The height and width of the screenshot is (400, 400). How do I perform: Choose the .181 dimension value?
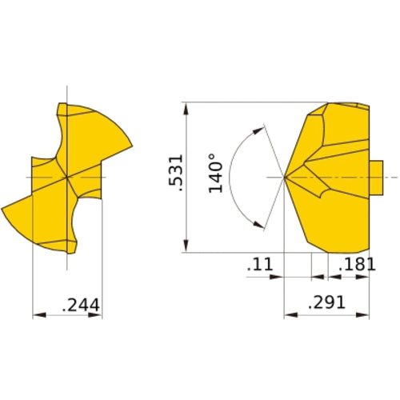356,264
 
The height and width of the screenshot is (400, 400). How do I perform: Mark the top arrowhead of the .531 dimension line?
186,108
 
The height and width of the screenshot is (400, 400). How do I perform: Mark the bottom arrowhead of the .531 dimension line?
186,248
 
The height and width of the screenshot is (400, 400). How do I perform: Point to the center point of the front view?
67,176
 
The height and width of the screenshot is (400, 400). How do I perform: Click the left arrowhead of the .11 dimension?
279,277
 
